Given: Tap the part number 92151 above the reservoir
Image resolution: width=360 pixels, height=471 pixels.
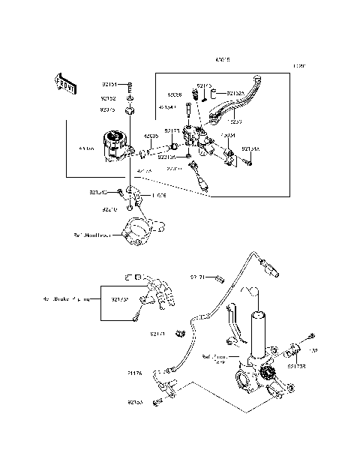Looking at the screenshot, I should point(109,85).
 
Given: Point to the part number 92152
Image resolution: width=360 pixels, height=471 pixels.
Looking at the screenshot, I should point(109,97).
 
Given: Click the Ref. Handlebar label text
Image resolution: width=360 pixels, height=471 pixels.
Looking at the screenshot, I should point(92,235).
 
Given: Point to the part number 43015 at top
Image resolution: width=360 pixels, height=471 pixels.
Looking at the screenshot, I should point(223,58).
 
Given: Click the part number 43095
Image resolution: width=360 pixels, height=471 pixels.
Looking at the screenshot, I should point(150,136).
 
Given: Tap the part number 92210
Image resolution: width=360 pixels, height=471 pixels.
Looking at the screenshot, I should point(110,208).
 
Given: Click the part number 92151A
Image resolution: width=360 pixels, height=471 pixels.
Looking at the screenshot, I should point(251,149).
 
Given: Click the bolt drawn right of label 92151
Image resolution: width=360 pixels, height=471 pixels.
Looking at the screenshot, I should point(130,85).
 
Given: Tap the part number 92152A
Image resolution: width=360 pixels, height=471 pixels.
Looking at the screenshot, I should point(235,92).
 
